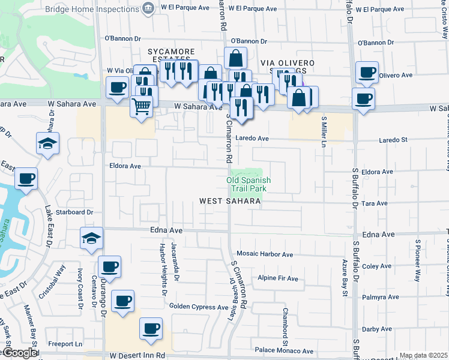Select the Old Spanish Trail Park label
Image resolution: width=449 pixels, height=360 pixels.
[249, 184]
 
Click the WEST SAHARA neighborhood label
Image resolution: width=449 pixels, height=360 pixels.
[231, 202]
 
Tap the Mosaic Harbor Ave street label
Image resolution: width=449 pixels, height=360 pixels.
[265, 254]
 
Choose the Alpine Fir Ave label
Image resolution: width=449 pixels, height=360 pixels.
[277, 278]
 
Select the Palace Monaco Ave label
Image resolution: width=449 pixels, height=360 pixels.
[284, 351]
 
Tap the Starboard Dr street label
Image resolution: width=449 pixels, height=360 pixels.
[74, 212]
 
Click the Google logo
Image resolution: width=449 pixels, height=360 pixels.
[19, 353]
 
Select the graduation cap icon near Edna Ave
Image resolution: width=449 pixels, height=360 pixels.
[91, 238]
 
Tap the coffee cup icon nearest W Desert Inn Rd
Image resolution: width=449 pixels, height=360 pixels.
[151, 328]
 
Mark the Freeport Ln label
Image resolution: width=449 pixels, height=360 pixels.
[65, 344]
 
